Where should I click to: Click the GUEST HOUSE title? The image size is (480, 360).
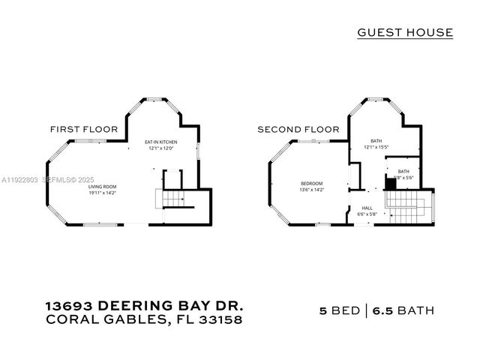(405, 32)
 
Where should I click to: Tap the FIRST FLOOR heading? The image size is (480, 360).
(84, 129)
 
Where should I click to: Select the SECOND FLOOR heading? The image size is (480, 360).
(298, 129)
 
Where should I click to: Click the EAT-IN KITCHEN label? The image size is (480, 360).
(161, 142)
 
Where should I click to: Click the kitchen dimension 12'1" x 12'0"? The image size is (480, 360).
(161, 148)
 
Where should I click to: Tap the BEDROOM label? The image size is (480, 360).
(312, 184)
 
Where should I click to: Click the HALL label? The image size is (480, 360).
(367, 208)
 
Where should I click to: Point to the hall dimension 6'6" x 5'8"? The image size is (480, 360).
(367, 214)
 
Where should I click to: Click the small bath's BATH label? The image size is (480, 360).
(403, 171)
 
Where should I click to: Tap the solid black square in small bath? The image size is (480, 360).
(390, 183)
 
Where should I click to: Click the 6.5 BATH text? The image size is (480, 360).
(406, 310)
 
